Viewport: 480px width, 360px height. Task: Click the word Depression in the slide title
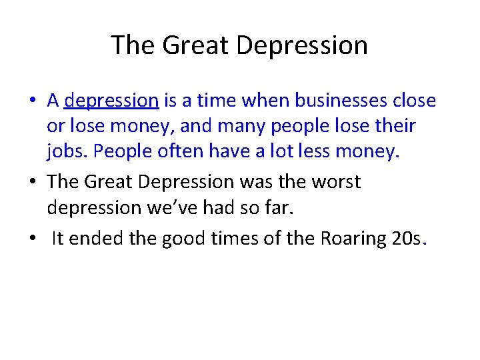point(302,45)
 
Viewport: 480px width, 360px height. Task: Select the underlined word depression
point(111,101)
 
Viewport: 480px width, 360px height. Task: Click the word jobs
point(67,152)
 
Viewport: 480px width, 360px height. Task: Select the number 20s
point(405,239)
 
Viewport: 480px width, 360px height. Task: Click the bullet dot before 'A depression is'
point(32,101)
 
